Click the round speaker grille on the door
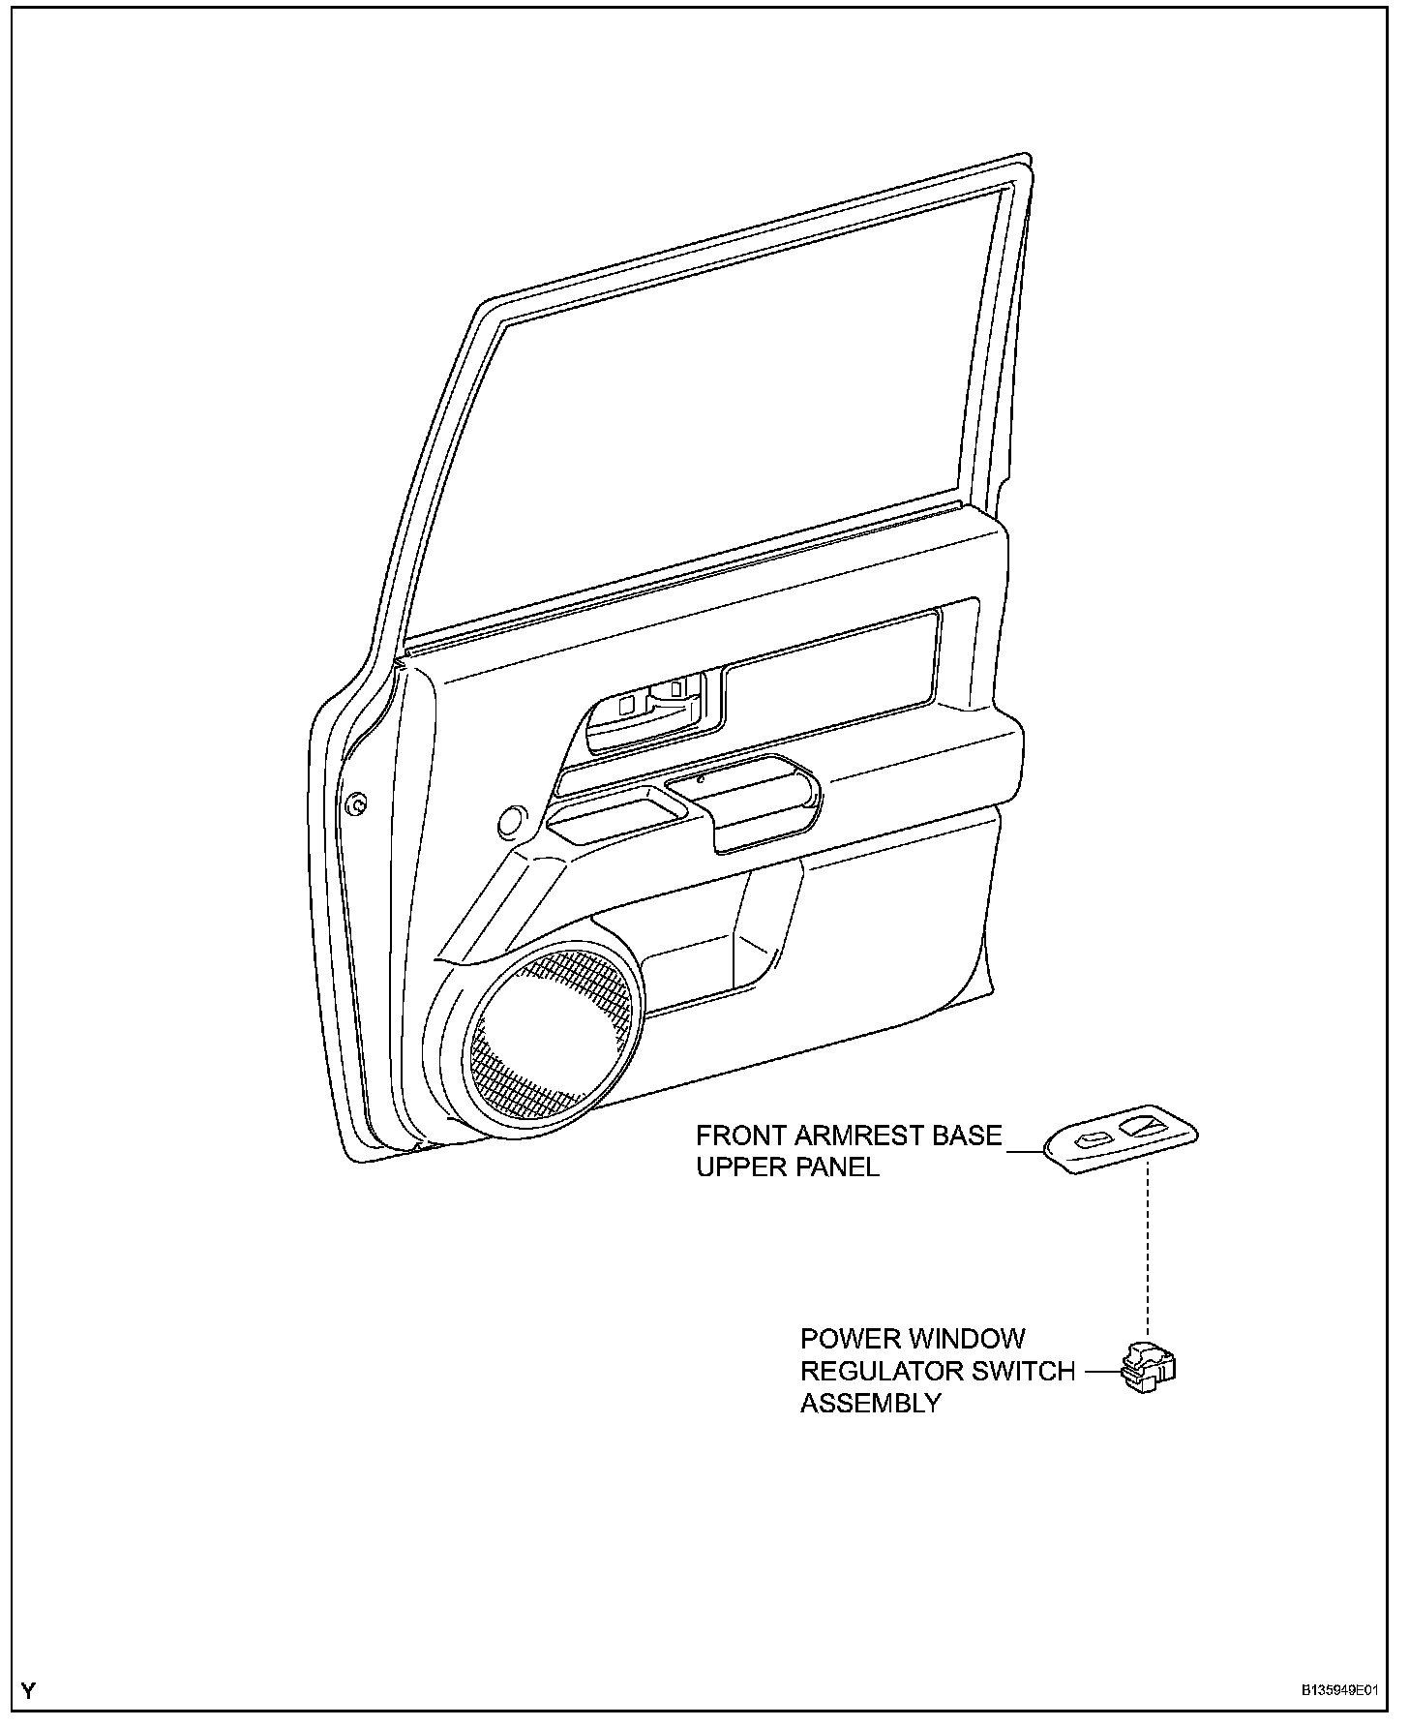coord(555,1036)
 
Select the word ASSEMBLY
coord(870,1403)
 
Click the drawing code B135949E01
coord(1338,1690)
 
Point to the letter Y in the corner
coord(29,1691)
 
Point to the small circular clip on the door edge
coord(357,803)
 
